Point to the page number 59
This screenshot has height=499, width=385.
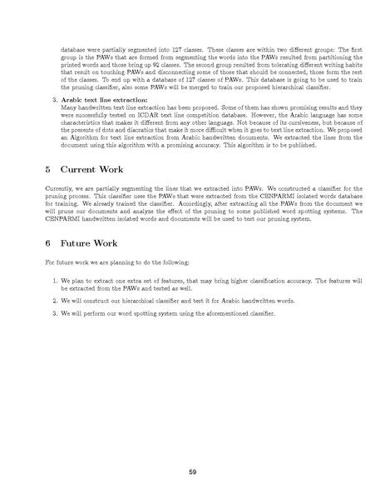tap(192, 473)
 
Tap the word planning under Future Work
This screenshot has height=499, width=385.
tap(126, 262)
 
